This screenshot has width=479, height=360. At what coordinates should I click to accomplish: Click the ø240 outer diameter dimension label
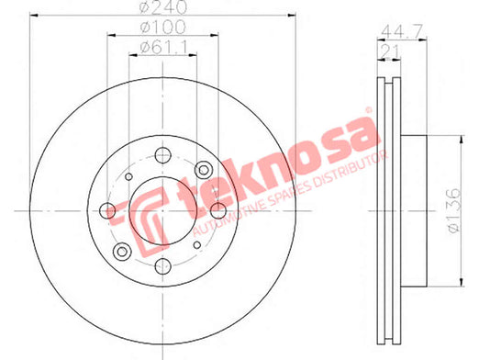162,7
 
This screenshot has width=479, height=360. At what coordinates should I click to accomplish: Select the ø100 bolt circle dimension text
162,28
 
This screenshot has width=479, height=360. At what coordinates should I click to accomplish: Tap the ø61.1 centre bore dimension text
163,48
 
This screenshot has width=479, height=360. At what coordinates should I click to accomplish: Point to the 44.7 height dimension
402,31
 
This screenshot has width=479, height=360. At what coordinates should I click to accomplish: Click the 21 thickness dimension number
389,51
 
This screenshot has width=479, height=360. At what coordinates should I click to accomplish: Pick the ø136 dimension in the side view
452,210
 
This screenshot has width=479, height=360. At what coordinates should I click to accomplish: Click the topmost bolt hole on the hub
162,155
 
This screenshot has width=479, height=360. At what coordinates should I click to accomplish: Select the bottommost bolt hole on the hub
162,266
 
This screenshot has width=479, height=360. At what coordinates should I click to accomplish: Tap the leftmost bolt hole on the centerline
107,210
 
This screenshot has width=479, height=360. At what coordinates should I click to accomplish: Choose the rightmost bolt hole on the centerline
218,210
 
